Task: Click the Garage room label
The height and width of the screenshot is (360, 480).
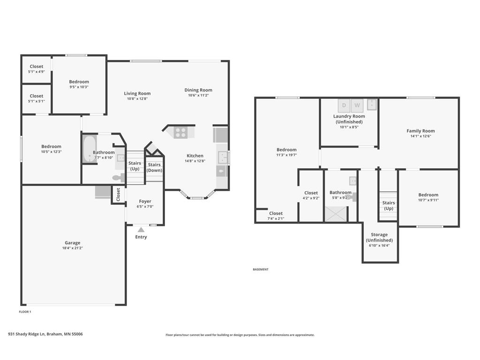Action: (x=72, y=243)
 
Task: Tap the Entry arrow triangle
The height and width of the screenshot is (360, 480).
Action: (x=141, y=230)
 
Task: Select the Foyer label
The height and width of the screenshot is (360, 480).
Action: (x=145, y=202)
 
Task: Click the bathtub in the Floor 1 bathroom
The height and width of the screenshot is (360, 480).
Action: (x=89, y=150)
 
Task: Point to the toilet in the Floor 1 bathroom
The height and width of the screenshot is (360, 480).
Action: (x=119, y=178)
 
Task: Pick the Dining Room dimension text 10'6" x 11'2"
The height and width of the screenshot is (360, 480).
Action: (x=198, y=95)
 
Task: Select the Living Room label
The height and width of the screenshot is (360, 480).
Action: (x=137, y=93)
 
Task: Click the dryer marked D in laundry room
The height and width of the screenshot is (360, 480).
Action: (x=344, y=105)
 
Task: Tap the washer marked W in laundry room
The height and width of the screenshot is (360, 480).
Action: (x=357, y=105)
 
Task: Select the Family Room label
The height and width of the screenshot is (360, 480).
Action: (x=420, y=131)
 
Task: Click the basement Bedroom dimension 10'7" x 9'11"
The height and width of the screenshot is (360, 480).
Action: (x=428, y=200)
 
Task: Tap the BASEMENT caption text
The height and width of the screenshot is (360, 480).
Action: (x=261, y=270)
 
